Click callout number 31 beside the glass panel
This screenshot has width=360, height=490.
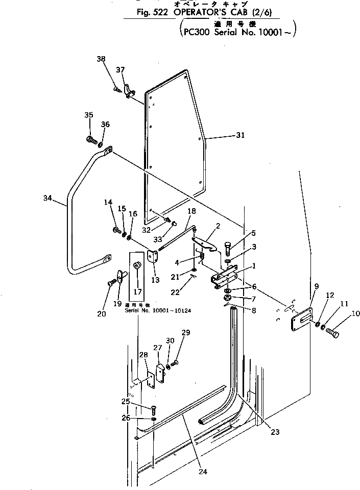pyautogui.click(x=241, y=135)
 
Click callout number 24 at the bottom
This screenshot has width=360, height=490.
pyautogui.click(x=203, y=472)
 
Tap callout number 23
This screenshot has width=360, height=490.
pyautogui.click(x=275, y=432)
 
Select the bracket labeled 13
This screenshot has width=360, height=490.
pyautogui.click(x=152, y=256)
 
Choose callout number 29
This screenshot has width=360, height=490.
pyautogui.click(x=186, y=333)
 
